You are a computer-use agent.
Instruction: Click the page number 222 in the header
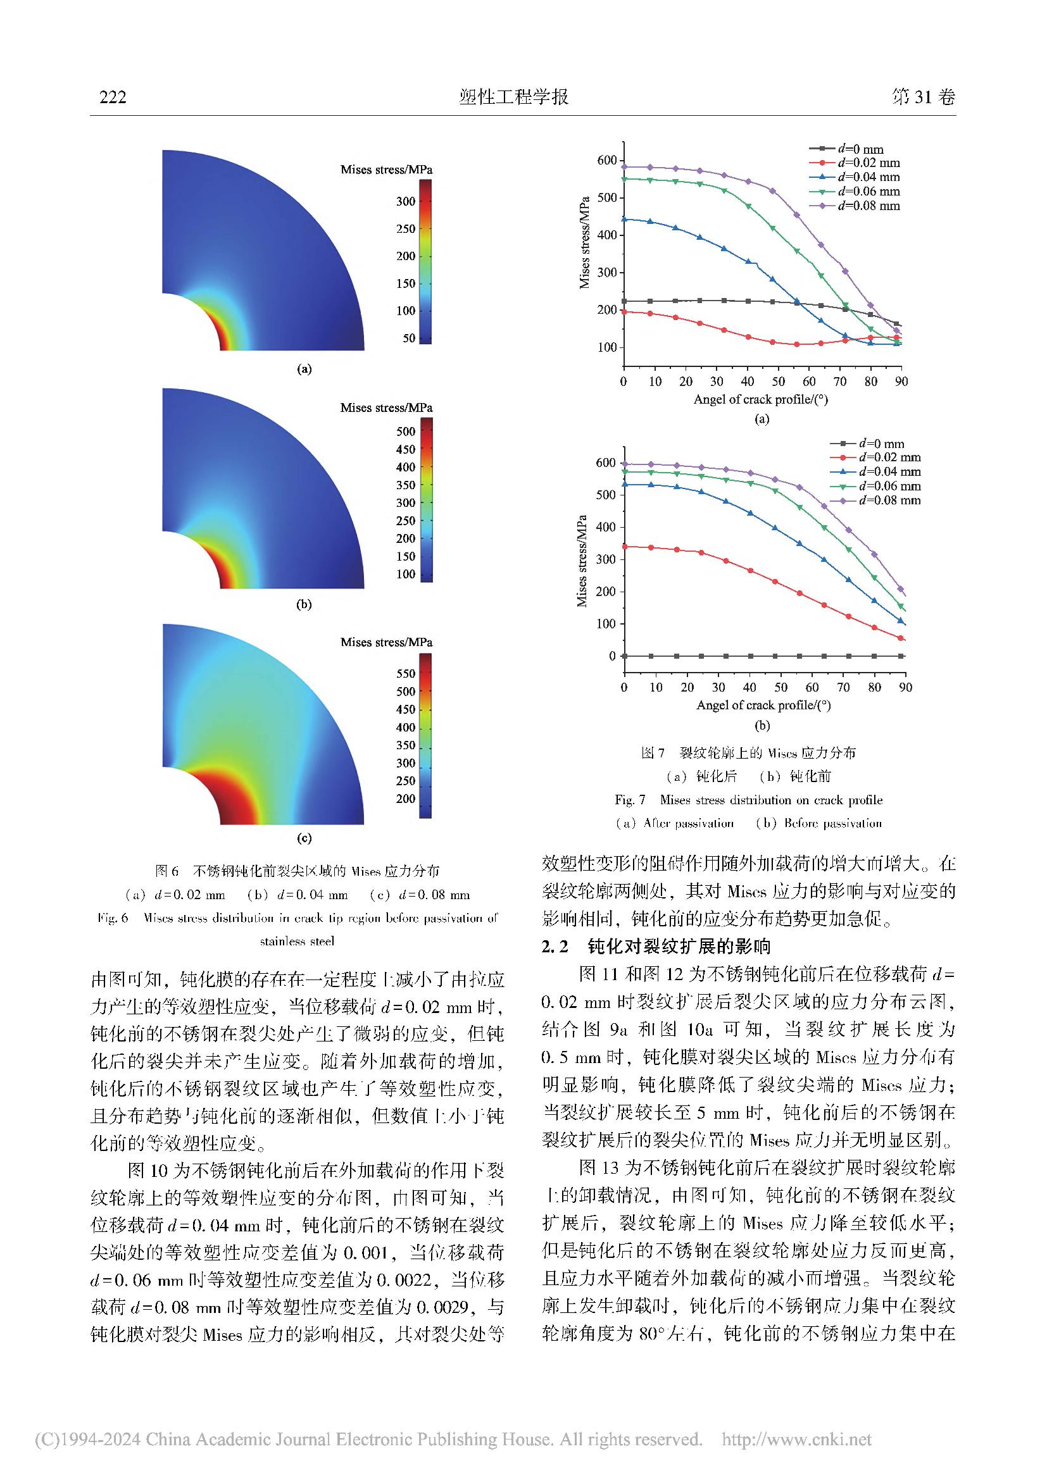tap(113, 97)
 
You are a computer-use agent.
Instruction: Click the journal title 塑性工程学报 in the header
tap(514, 97)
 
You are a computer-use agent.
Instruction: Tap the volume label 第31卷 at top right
tap(922, 97)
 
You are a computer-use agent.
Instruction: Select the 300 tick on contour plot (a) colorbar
tap(406, 202)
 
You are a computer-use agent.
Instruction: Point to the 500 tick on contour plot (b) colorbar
tap(406, 432)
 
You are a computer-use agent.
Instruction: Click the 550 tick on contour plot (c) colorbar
tap(406, 674)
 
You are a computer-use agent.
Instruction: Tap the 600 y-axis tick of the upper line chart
tap(606, 160)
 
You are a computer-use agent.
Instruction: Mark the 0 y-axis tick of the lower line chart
tap(613, 656)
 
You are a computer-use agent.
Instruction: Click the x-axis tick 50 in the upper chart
tap(779, 382)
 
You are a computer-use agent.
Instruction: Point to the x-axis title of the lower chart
tap(763, 705)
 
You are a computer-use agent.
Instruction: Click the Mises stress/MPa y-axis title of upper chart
tap(585, 242)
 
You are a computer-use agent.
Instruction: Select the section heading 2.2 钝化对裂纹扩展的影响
tap(656, 946)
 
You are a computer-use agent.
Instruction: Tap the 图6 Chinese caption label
tap(166, 871)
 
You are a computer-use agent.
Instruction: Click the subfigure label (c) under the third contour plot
tap(304, 838)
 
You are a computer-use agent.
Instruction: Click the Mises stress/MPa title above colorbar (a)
tap(386, 170)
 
